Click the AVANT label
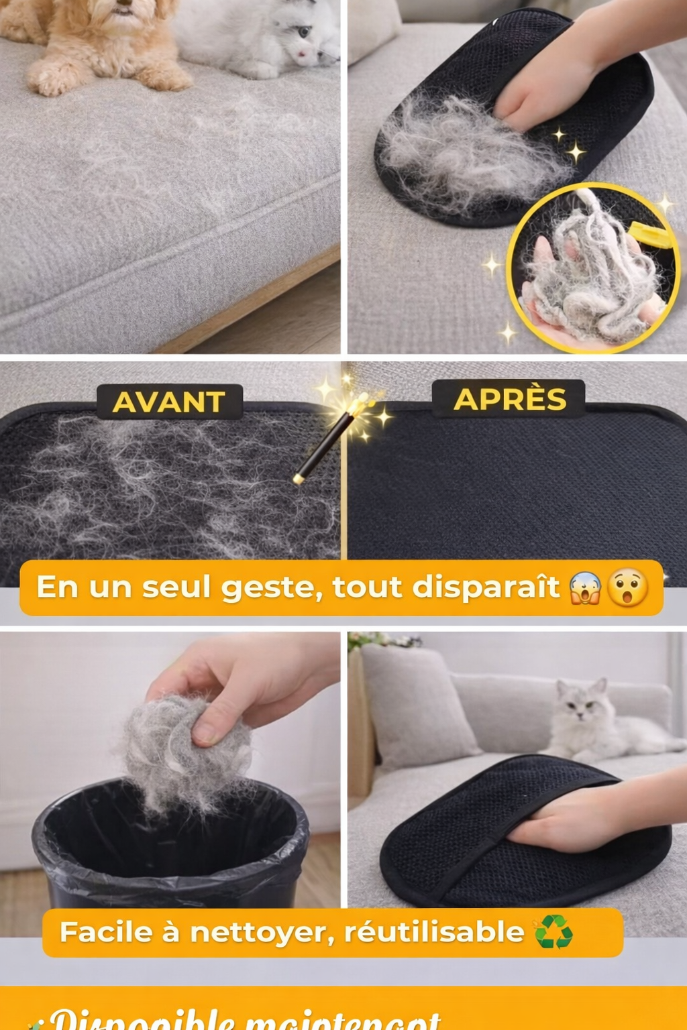point(169,402)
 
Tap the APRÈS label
point(509,399)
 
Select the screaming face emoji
point(585,588)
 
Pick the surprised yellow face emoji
point(627,588)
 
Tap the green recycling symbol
point(553,931)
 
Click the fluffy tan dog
point(101,40)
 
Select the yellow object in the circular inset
point(649,235)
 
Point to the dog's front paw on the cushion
point(50,79)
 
